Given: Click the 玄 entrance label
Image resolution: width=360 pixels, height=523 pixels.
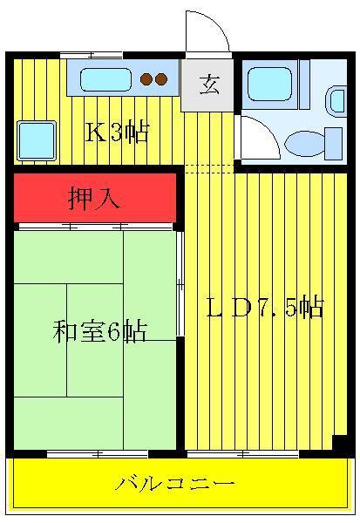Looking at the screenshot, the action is coord(209,85).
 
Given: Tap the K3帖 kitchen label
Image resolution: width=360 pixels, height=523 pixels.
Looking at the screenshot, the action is coord(117,132).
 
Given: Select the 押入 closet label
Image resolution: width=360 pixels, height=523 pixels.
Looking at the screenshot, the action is coord(94,199).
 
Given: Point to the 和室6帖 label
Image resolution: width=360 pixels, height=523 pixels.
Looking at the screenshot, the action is coord(99,331).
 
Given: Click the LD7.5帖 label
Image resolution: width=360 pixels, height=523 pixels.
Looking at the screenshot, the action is coord(265,307).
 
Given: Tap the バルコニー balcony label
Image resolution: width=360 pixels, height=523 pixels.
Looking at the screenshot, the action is coord(174,484).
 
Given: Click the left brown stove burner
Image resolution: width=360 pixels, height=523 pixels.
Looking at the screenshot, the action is coord(146,79).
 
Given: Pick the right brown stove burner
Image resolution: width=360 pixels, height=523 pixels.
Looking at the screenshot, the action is coord(161,79).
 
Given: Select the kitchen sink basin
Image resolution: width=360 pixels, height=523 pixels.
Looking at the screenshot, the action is coord(105,79).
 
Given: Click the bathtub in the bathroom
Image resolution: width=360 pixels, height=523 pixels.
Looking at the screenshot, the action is coord(270,84).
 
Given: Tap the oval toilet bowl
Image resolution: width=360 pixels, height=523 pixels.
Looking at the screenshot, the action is coord(303,144).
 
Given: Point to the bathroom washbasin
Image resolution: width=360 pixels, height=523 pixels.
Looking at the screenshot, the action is coord(336,101).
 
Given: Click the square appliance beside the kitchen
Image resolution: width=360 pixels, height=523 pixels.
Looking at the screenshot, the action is coord(36,140).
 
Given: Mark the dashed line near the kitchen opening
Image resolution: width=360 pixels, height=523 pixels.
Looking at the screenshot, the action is coord(209,169).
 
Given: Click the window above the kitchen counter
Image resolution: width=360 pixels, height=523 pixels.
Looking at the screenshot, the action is coord(92,56).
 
